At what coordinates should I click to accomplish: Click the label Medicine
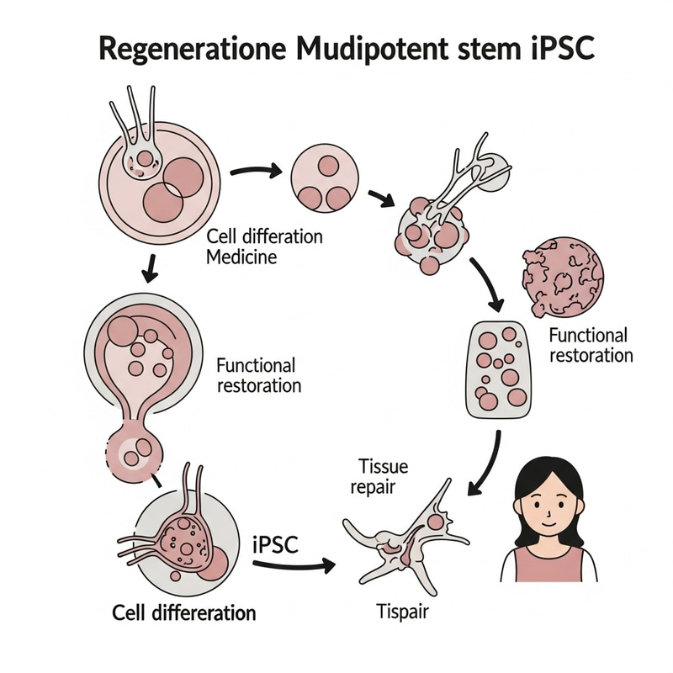(241, 257)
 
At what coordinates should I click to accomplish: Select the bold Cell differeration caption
(184, 612)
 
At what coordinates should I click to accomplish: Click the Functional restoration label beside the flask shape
(258, 375)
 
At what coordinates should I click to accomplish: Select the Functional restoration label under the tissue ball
(590, 345)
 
